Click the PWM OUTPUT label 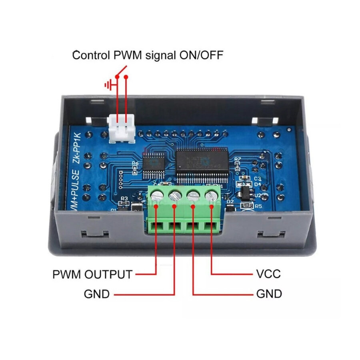click(92, 274)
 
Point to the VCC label click(268, 274)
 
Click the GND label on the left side click(96, 294)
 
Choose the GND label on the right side click(269, 294)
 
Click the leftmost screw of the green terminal click(156, 196)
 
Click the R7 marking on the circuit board click(238, 159)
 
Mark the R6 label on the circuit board click(135, 164)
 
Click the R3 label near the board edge click(124, 198)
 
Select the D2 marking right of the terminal click(230, 202)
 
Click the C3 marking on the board click(258, 178)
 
